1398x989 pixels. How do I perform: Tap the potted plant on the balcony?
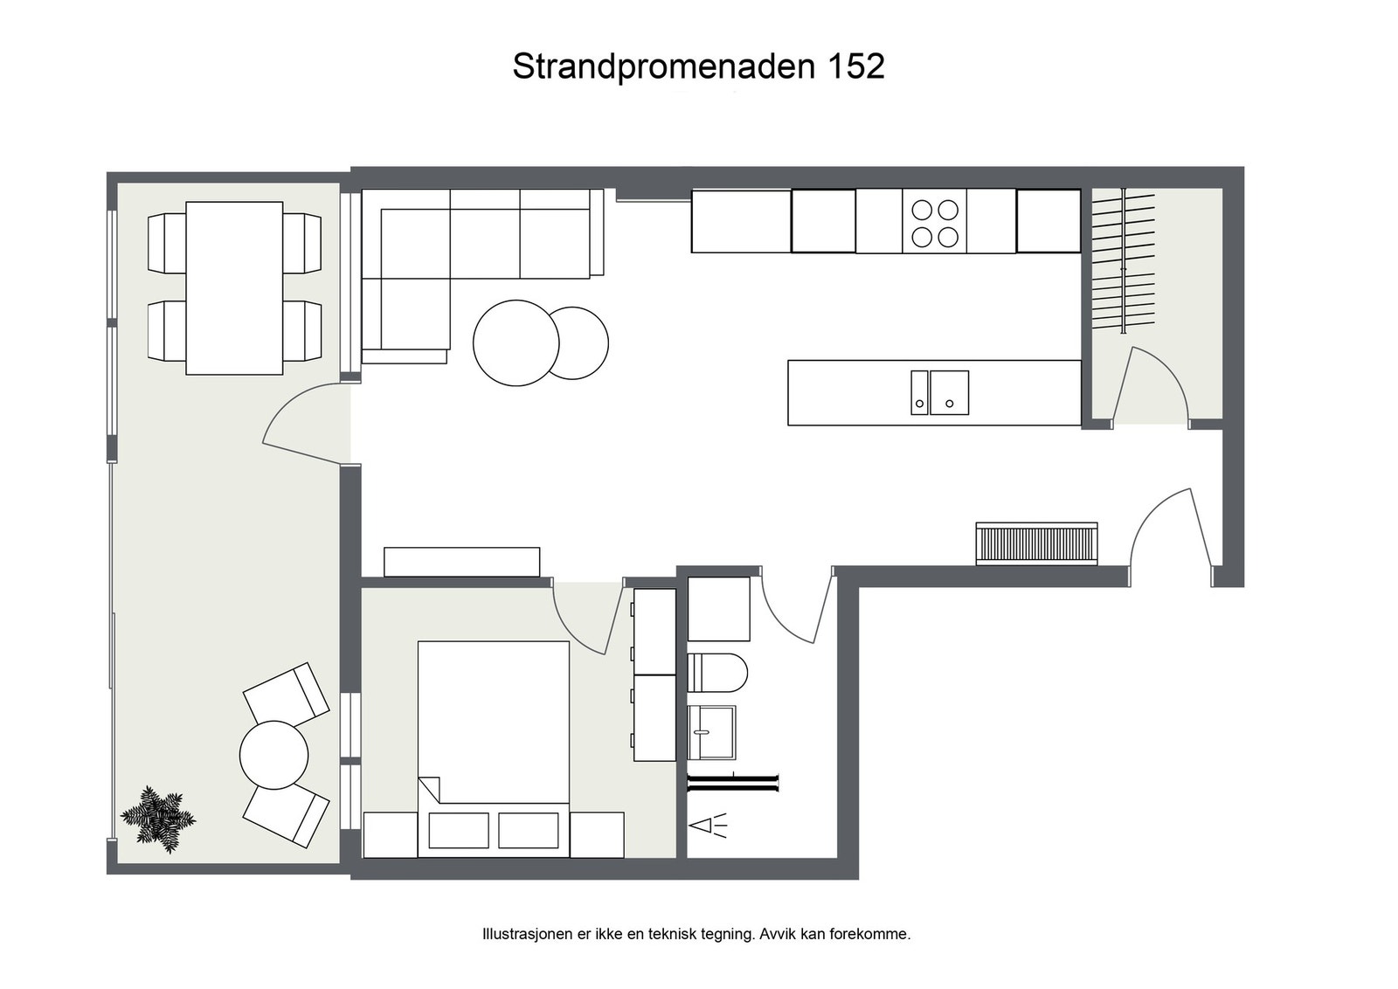pyautogui.click(x=157, y=819)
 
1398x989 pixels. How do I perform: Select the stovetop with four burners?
pyautogui.click(x=934, y=222)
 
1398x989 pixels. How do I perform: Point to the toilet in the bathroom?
pyautogui.click(x=717, y=672)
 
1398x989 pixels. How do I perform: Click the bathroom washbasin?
pyautogui.click(x=711, y=732)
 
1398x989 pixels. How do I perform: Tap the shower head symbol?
pyautogui.click(x=709, y=825)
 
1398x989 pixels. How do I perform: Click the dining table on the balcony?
pyautogui.click(x=234, y=287)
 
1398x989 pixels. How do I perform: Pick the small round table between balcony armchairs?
pyautogui.click(x=273, y=755)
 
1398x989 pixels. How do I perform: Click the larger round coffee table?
pyautogui.click(x=515, y=342)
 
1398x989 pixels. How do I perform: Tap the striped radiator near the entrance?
pyautogui.click(x=1035, y=543)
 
